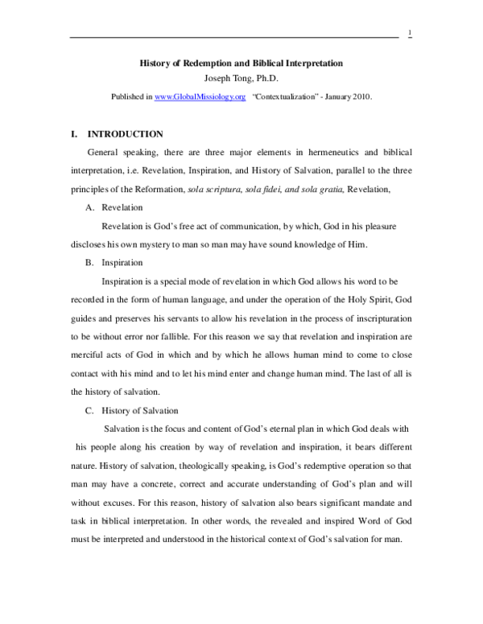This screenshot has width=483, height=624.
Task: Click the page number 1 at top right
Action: (410, 31)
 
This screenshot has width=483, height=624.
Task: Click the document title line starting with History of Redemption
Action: (241, 63)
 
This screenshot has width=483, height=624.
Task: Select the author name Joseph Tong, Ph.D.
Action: (241, 78)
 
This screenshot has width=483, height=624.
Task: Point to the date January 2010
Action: (351, 96)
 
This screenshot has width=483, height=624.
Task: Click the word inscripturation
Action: (374, 318)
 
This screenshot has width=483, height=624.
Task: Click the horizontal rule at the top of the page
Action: (233, 37)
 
